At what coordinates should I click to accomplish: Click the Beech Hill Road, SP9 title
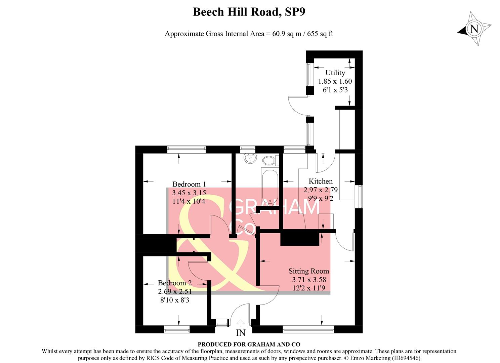(x=249, y=12)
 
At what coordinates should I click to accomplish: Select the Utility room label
(x=335, y=73)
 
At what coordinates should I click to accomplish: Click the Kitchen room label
(x=321, y=181)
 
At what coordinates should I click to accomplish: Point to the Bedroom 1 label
(x=189, y=184)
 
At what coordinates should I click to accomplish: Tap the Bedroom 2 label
(x=175, y=283)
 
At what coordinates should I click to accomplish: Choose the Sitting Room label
(x=309, y=271)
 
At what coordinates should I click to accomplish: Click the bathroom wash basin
(x=249, y=158)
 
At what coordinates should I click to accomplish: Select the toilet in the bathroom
(x=269, y=160)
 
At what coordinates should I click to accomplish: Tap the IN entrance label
(x=241, y=333)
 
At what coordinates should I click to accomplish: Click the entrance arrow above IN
(x=241, y=323)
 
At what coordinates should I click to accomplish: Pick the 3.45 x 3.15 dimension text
(x=189, y=193)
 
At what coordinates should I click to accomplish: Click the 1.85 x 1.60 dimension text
(x=335, y=81)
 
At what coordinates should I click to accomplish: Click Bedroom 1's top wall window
(x=186, y=149)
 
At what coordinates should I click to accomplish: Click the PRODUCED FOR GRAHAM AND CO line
(x=249, y=344)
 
